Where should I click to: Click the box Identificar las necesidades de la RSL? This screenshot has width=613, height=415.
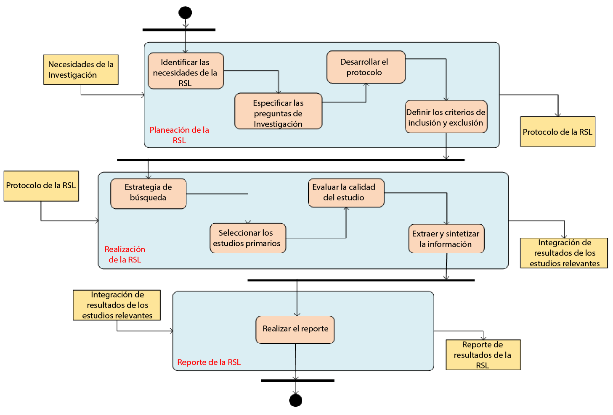(x=186, y=71)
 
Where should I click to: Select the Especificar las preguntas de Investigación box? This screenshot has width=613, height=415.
(x=278, y=111)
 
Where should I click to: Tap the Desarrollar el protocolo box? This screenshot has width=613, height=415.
(x=366, y=67)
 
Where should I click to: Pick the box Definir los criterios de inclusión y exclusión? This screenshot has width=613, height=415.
(x=446, y=117)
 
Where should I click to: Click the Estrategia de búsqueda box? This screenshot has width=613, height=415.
(x=148, y=194)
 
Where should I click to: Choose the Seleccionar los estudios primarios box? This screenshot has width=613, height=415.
(x=247, y=238)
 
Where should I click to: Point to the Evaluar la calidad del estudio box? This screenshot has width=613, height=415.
(x=346, y=193)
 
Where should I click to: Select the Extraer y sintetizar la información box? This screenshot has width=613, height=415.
(x=446, y=239)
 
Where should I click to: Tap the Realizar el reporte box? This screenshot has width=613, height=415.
(x=295, y=330)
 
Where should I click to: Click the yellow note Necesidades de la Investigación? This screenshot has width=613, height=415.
(x=81, y=70)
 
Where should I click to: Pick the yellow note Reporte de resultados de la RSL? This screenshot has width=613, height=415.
(x=483, y=355)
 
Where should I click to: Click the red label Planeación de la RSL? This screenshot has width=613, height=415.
(x=179, y=135)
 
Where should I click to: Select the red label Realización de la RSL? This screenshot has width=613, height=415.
(x=125, y=254)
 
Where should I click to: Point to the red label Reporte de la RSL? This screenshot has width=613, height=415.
(x=209, y=362)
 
